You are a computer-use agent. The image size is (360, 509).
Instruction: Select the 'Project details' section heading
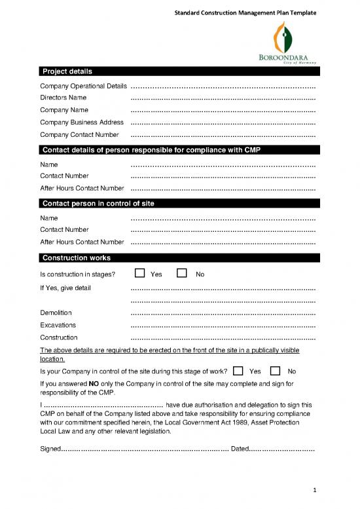[67, 71]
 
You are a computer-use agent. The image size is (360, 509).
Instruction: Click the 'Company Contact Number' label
[80, 135]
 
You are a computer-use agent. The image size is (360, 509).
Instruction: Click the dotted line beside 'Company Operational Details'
[223, 86]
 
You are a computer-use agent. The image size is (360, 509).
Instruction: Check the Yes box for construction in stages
[139, 273]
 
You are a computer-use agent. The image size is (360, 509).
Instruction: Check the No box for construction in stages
[183, 273]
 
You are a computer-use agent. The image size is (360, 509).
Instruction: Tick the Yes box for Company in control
[238, 371]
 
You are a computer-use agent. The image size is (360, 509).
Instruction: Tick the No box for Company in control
[276, 371]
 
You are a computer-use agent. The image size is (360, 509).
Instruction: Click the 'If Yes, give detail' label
[65, 288]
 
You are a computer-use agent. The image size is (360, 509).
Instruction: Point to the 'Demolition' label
[56, 312]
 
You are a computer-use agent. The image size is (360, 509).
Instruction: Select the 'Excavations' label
[58, 325]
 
